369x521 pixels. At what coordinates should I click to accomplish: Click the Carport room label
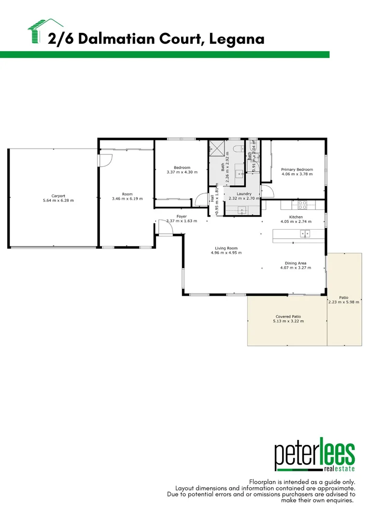58,196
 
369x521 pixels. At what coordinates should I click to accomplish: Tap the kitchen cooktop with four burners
302,205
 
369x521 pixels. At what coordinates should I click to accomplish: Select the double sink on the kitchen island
305,234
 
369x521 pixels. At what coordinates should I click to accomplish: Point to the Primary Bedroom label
297,170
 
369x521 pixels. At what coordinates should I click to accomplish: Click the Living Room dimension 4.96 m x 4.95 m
226,253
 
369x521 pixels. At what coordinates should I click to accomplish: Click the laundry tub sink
242,209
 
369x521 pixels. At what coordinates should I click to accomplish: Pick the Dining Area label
296,263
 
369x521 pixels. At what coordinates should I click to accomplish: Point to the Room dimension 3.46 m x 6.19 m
122,199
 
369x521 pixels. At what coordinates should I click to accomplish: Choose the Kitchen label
296,217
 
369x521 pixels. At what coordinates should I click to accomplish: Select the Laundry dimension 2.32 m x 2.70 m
244,198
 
